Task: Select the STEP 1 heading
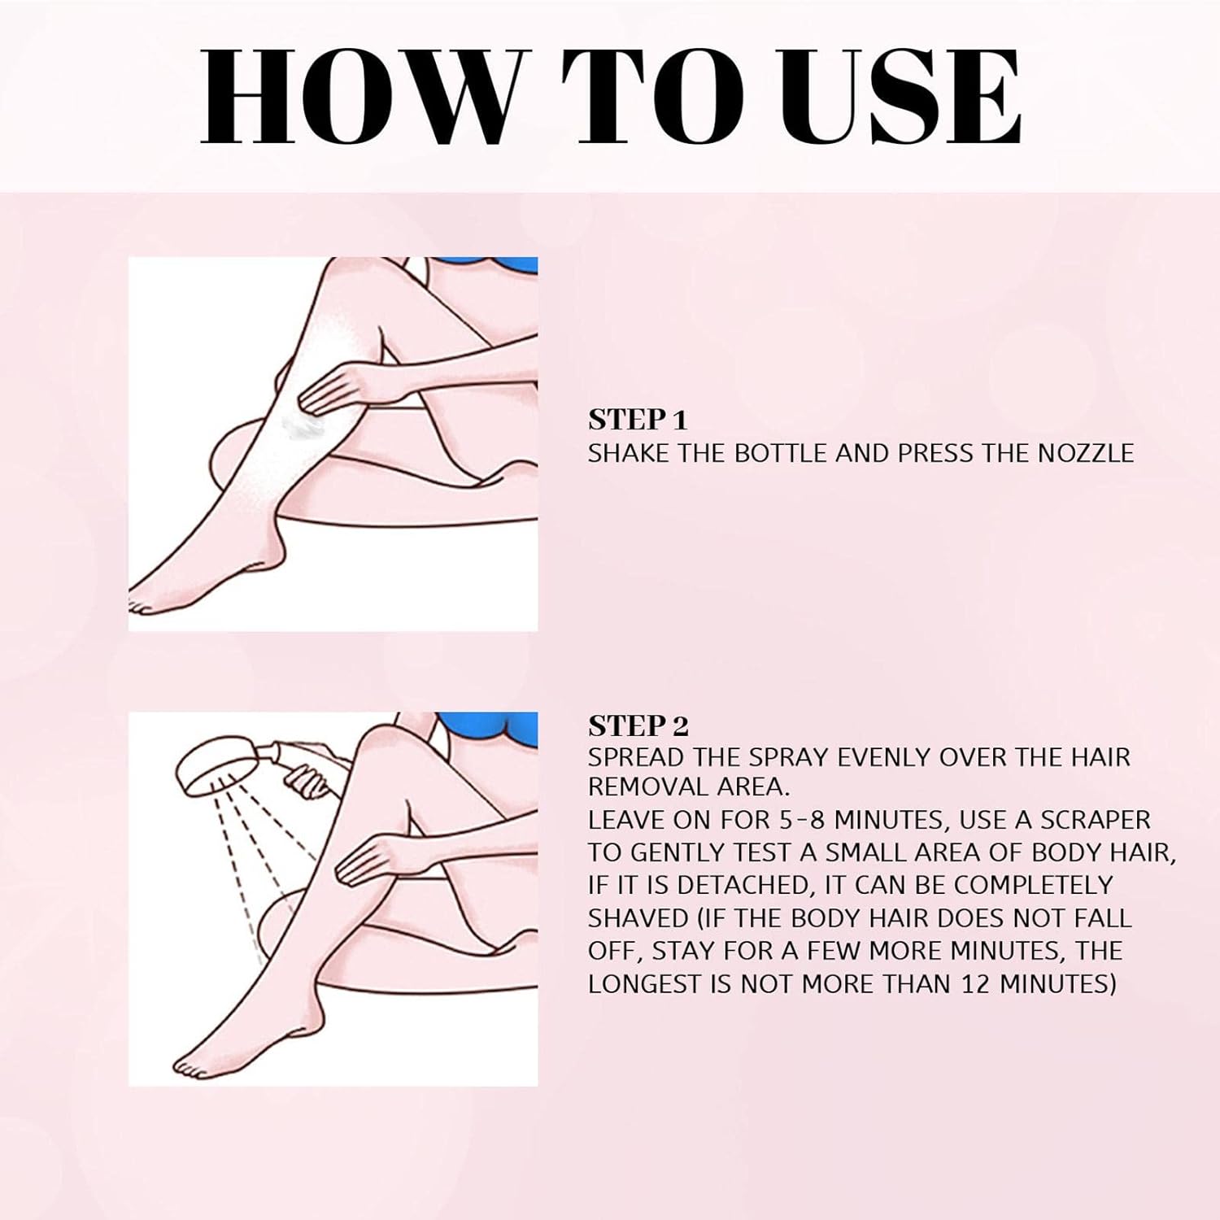(638, 420)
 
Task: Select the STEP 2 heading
(638, 725)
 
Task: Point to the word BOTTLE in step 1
(780, 453)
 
